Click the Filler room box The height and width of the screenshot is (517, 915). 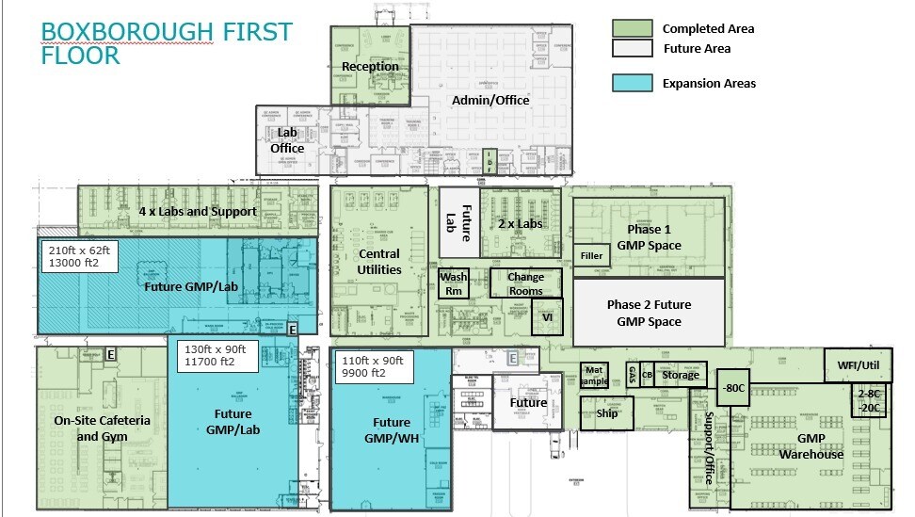click(x=591, y=255)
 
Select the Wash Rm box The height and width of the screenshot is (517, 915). click(x=453, y=284)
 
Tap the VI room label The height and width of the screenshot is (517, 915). click(x=546, y=317)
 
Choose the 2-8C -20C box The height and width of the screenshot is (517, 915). click(x=870, y=401)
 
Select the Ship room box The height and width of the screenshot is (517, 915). click(x=606, y=412)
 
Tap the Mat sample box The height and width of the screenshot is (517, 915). click(x=593, y=374)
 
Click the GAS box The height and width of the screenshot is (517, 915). click(x=633, y=374)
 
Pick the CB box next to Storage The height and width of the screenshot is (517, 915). click(x=647, y=374)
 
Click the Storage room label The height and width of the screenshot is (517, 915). click(x=680, y=375)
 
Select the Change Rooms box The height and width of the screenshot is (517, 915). click(x=525, y=283)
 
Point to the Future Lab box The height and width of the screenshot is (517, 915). click(x=458, y=226)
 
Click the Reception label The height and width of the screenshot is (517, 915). click(x=370, y=67)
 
